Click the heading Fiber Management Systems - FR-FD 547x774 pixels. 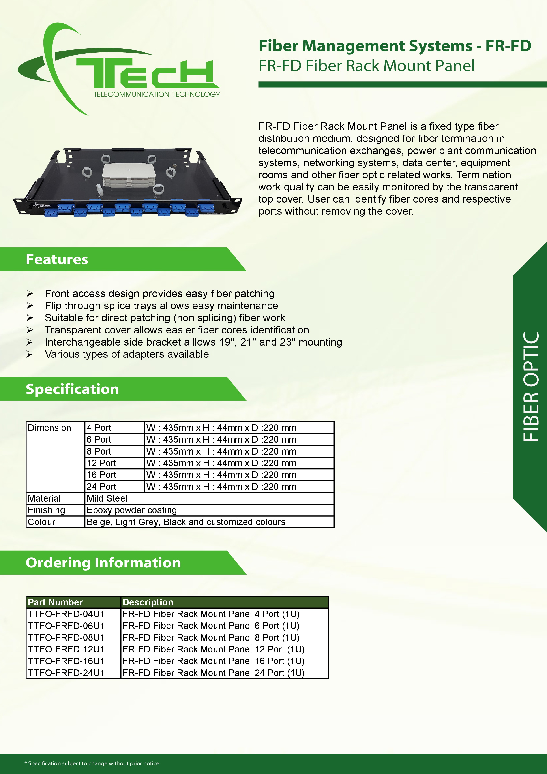395,46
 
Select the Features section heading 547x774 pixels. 57,259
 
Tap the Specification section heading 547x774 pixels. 73,389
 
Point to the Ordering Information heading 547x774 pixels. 103,563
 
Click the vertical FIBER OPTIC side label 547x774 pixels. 531,387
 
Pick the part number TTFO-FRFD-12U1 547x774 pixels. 66,649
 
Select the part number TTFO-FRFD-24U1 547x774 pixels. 66,673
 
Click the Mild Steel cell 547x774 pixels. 107,498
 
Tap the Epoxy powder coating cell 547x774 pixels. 131,510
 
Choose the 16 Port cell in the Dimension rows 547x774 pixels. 101,475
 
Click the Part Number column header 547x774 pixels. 55,602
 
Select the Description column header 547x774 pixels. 148,602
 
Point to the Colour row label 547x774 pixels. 41,522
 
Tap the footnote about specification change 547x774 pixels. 92,763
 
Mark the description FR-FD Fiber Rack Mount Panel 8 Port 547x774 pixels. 211,637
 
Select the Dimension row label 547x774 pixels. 49,428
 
